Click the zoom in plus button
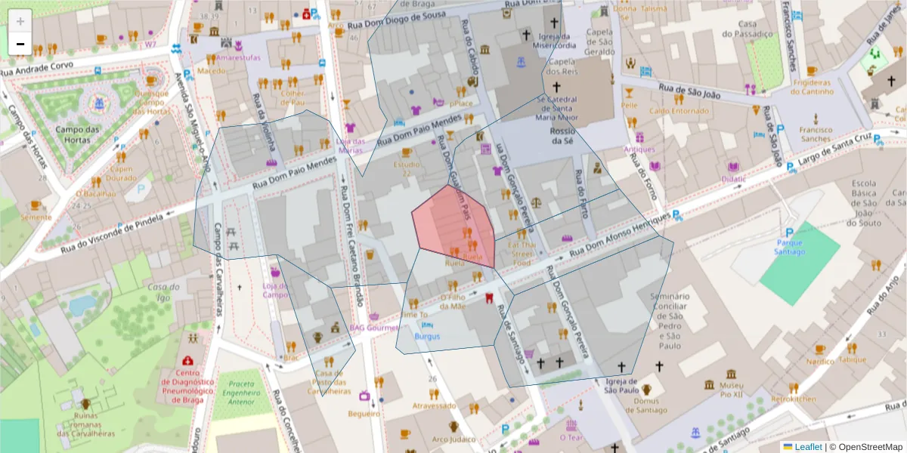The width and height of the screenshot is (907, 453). click(20, 21)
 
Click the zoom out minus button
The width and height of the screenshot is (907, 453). click(20, 44)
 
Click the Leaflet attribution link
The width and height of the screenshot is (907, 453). click(808, 447)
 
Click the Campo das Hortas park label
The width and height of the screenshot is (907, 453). click(77, 134)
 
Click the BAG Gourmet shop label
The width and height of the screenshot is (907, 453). click(373, 328)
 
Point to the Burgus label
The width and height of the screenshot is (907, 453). click(427, 336)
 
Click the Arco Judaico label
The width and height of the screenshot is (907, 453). click(453, 439)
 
